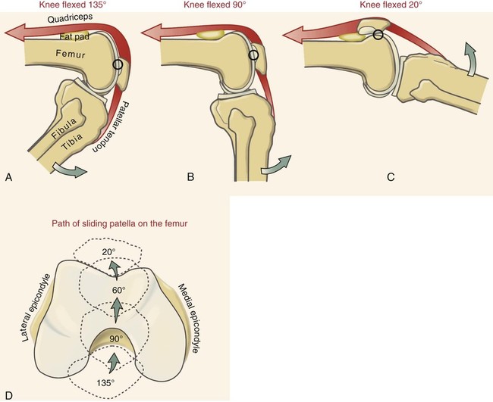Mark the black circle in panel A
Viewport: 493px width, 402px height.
click(x=118, y=66)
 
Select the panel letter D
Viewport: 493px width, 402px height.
click(x=8, y=394)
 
